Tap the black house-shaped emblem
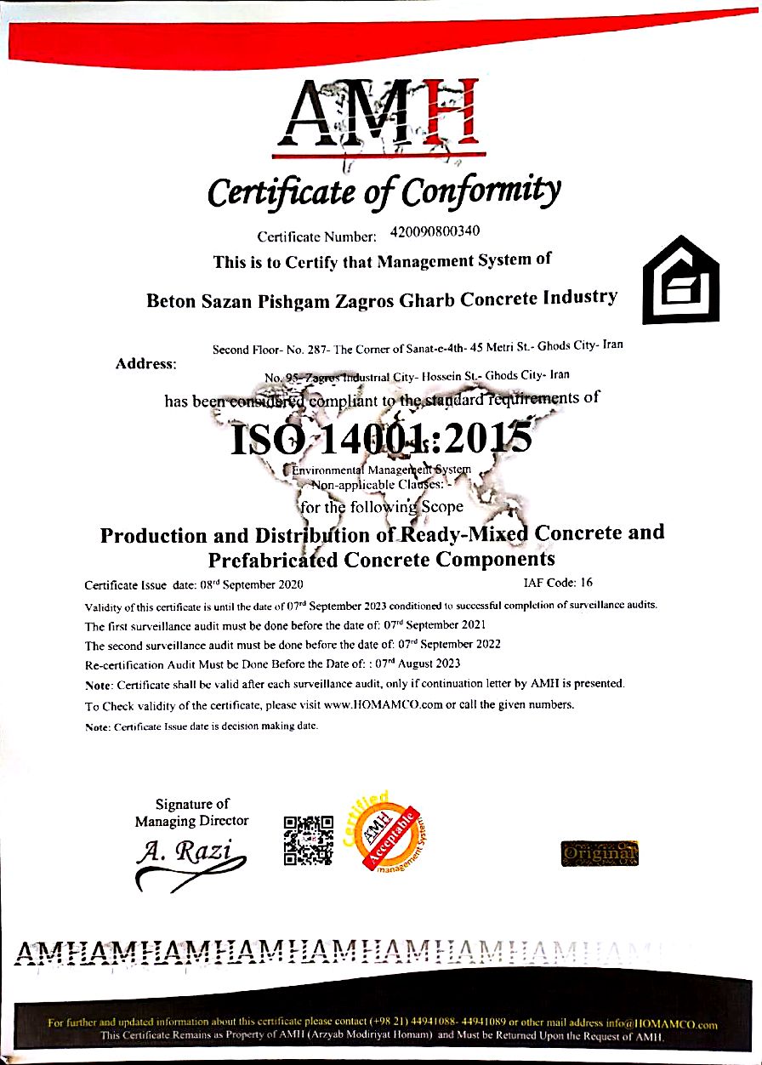point(680,280)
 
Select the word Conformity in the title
point(481,191)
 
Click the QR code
point(307,840)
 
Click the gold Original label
point(600,852)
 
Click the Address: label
point(145,364)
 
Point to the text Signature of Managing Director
point(192,812)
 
